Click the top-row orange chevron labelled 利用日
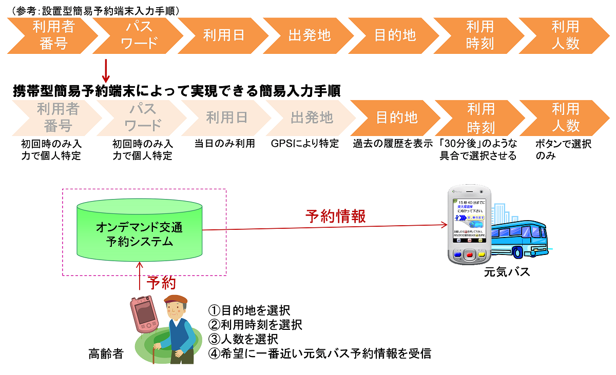(224, 35)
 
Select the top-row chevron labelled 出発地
(310, 35)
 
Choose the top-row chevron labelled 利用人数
(565, 35)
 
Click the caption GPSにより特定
(305, 144)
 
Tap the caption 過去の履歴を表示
(393, 144)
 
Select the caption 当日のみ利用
(225, 144)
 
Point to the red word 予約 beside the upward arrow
(161, 283)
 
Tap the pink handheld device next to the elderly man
(144, 314)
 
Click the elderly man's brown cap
(176, 300)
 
